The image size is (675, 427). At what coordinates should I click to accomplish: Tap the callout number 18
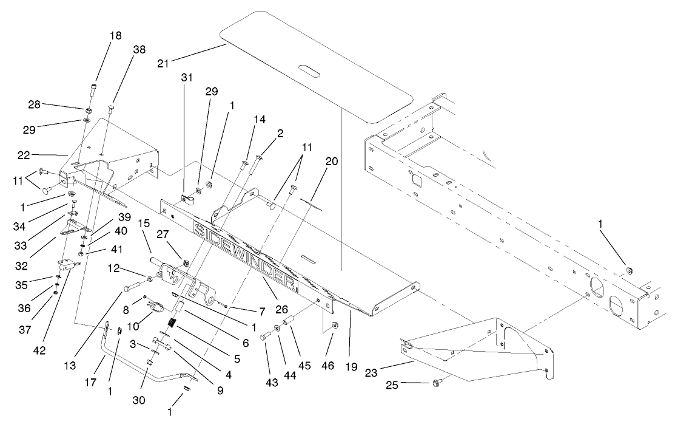115,36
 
